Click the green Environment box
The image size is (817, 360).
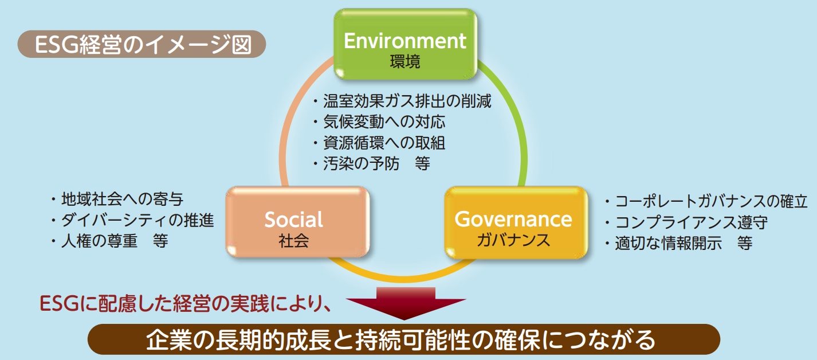pyautogui.click(x=405, y=44)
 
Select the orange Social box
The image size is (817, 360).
pyautogui.click(x=297, y=222)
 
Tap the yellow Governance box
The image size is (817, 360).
pyautogui.click(x=516, y=222)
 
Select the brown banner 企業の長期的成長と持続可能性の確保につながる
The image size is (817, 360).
pyautogui.click(x=404, y=339)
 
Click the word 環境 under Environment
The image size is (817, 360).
pyautogui.click(x=405, y=61)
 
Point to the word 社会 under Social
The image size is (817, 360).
pyautogui.click(x=293, y=241)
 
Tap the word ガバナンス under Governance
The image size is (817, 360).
pyautogui.click(x=513, y=240)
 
